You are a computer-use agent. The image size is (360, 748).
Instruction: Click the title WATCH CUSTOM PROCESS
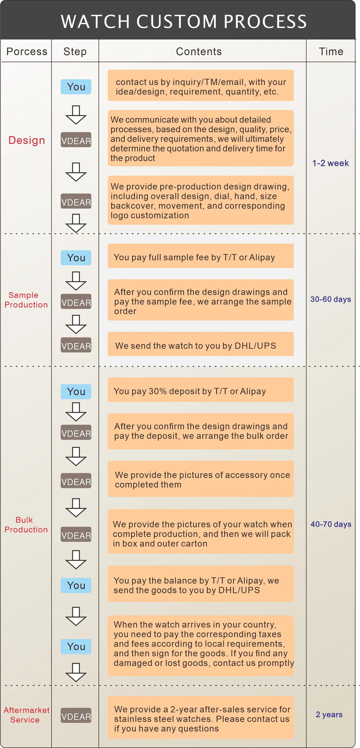point(184,21)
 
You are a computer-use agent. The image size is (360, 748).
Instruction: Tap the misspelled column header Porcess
point(27,51)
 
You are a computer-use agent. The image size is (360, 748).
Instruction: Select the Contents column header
point(199,51)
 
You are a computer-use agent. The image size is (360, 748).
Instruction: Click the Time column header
point(331,51)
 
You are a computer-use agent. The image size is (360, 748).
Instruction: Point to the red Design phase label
point(27,140)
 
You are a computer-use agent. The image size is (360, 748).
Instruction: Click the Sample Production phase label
point(26,300)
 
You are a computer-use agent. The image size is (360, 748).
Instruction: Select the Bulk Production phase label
point(26,525)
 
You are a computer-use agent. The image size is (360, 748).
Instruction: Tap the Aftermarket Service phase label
point(26,715)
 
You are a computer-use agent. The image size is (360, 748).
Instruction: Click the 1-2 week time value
point(330,163)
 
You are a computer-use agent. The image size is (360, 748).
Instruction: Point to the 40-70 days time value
point(331,524)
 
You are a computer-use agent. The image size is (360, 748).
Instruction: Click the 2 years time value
point(329,714)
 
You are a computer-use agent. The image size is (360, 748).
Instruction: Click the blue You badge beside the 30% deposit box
point(76,392)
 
